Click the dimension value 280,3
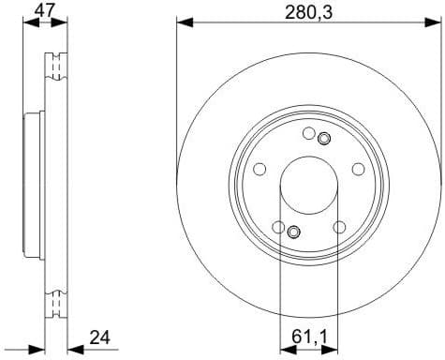click(309, 13)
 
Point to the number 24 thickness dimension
click(101, 337)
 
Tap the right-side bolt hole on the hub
click(357, 169)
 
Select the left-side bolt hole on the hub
click(260, 169)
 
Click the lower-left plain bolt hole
click(278, 225)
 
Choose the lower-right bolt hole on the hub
click(338, 225)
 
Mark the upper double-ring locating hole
click(324, 140)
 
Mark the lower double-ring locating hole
click(293, 232)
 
